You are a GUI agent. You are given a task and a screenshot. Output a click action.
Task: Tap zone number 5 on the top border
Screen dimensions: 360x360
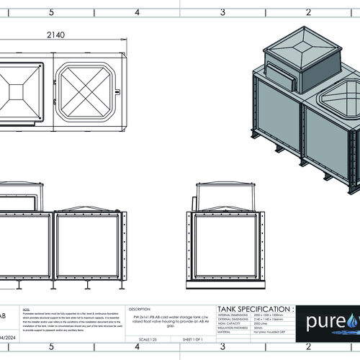click(x=51, y=12)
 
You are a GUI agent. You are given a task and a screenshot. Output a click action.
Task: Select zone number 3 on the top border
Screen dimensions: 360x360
click(x=222, y=12)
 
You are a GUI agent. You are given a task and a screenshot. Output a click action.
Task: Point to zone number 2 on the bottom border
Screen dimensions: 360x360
click(x=308, y=353)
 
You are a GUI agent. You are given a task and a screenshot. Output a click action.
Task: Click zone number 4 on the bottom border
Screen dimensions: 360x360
click(x=137, y=353)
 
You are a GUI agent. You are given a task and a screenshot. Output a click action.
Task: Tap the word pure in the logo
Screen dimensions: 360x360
click(x=322, y=320)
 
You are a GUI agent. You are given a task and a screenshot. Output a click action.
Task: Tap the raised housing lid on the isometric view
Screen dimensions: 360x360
click(x=302, y=45)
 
